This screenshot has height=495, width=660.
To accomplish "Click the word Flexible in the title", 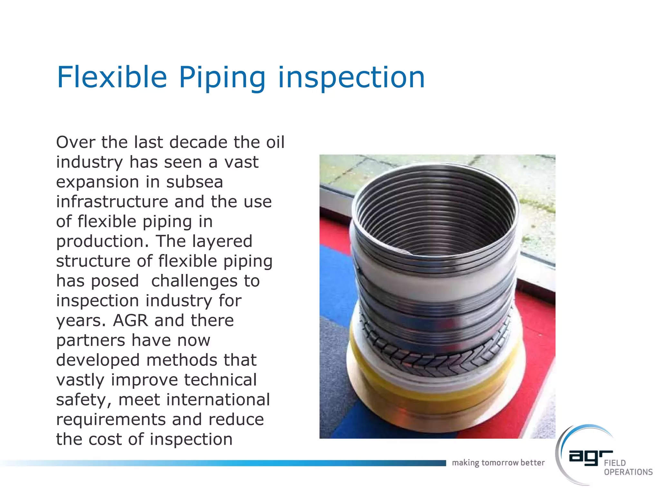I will tap(112, 77).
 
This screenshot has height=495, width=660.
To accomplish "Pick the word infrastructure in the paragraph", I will tap(112, 202).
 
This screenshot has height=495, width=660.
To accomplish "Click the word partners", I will tap(91, 341).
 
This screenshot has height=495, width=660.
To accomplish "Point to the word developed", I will tap(98, 360).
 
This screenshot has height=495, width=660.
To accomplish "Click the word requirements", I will tap(111, 420).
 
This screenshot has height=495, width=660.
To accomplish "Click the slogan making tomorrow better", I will tap(498, 463).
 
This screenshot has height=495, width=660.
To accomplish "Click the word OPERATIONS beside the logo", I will tap(628, 472).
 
